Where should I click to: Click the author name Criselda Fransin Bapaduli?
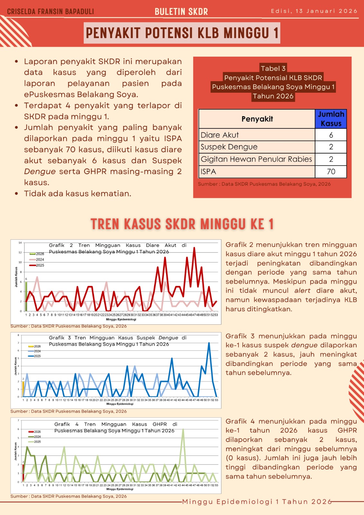pyautogui.click(x=51, y=12)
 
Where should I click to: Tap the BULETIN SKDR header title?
pyautogui.click(x=181, y=12)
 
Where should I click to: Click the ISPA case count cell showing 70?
pyautogui.click(x=331, y=172)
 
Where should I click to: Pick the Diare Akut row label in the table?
pyautogui.click(x=220, y=135)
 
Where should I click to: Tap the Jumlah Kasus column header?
pyautogui.click(x=331, y=119)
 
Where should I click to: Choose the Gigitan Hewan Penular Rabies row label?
pyautogui.click(x=256, y=159)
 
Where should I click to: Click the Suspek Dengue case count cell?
pyautogui.click(x=331, y=147)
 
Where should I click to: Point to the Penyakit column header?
pyautogui.click(x=257, y=119)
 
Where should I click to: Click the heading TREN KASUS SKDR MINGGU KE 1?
pyautogui.click(x=182, y=224)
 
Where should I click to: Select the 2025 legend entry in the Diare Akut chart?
pyautogui.click(x=37, y=265)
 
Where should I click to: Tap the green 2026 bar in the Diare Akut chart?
pyautogui.click(x=26, y=296)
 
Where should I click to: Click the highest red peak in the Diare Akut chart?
pyautogui.click(x=194, y=248)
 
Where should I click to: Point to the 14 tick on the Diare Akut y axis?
pyautogui.click(x=20, y=243)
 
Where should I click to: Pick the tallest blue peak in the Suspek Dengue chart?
pyautogui.click(x=209, y=343)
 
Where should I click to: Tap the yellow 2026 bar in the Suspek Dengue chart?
pyautogui.click(x=23, y=389)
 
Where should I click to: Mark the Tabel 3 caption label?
pyautogui.click(x=273, y=68)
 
